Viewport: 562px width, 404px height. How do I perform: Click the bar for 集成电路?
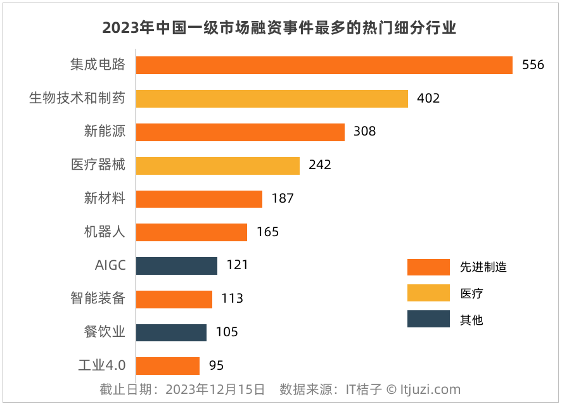point(324,65)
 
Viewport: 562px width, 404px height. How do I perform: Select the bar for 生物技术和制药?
point(272,99)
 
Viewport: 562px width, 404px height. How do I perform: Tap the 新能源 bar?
point(240,132)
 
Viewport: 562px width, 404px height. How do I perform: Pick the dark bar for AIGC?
point(177,265)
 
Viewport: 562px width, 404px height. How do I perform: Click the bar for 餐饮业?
point(171,332)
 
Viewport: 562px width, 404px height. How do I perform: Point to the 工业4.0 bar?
point(168,365)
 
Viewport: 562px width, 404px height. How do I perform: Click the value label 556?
point(533,65)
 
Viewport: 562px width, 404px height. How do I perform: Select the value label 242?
point(320,165)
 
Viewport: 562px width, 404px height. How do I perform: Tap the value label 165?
point(267,232)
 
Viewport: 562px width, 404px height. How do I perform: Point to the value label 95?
point(216,365)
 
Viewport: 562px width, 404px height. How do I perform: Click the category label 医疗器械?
point(98,165)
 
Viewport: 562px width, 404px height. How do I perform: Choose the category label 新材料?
point(105,199)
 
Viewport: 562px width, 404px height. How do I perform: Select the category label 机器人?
point(105,232)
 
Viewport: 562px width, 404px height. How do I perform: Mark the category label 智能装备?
point(98,299)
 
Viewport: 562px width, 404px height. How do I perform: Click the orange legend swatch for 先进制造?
point(428,267)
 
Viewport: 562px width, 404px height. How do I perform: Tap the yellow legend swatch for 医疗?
point(428,293)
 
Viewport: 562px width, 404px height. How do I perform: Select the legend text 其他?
point(471,320)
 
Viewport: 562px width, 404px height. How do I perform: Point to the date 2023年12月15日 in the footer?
point(215,389)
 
